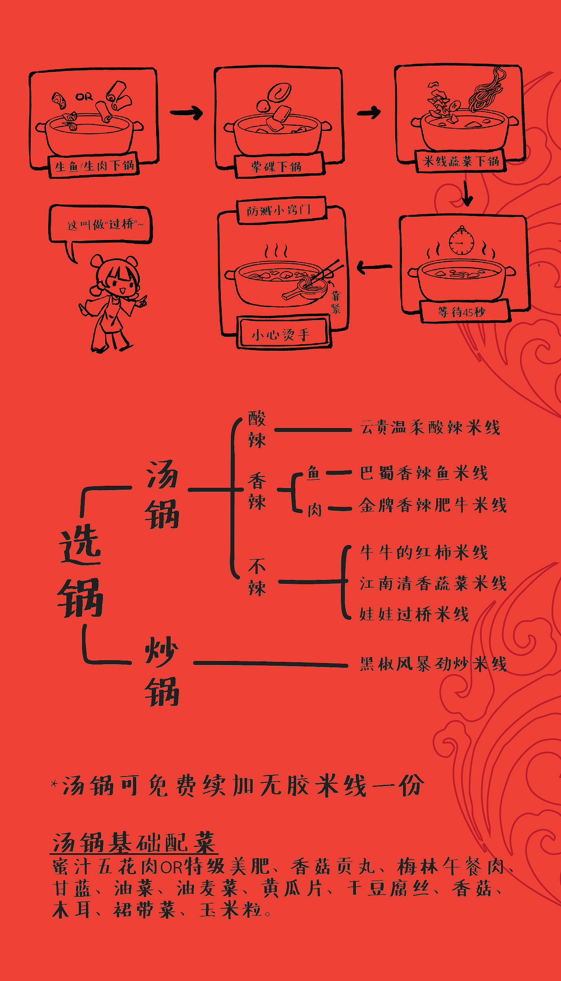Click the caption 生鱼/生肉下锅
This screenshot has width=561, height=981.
(x=94, y=166)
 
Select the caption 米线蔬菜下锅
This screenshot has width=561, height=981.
(x=461, y=161)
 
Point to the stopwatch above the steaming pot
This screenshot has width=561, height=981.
(x=461, y=241)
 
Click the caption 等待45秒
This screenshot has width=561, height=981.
(x=462, y=312)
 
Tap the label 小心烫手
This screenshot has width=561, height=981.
(x=281, y=335)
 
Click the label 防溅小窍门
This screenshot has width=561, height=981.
(x=279, y=211)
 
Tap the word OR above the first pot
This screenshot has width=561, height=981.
(x=84, y=97)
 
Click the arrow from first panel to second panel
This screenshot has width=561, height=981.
(x=186, y=113)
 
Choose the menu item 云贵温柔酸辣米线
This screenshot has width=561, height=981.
(x=430, y=427)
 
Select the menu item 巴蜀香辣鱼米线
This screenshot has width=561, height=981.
(x=423, y=473)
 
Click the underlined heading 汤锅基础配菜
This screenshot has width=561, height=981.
(x=134, y=842)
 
